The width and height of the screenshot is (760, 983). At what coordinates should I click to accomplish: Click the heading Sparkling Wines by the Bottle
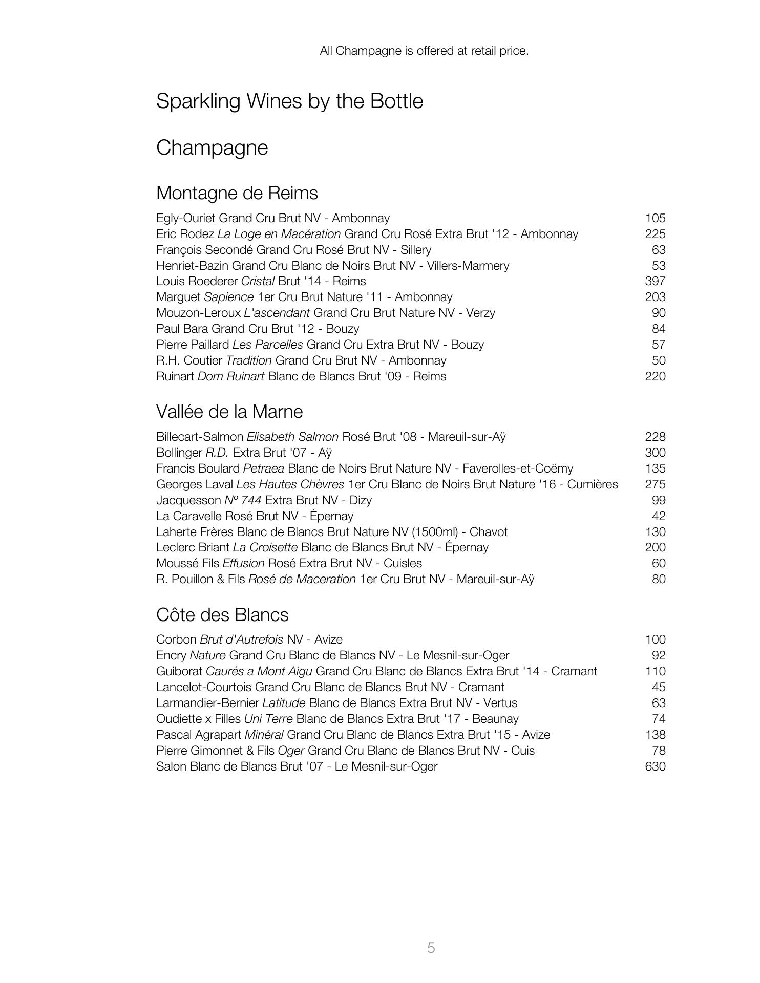[289, 101]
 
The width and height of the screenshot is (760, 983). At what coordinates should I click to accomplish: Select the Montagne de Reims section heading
[237, 193]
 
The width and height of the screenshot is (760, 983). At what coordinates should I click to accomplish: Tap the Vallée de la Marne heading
[229, 412]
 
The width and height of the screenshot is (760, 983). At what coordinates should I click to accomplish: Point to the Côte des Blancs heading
[222, 615]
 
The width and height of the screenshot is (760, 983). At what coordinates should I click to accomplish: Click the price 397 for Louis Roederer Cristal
[655, 281]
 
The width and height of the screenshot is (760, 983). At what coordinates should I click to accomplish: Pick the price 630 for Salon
[655, 766]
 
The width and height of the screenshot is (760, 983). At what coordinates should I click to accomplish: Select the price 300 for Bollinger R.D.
[655, 453]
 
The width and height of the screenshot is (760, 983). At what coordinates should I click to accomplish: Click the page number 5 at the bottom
[431, 948]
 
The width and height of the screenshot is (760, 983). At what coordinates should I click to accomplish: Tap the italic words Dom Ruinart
[230, 376]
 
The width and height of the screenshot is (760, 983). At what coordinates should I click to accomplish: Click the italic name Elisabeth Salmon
[292, 437]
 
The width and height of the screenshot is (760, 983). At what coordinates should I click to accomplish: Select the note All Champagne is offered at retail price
[424, 51]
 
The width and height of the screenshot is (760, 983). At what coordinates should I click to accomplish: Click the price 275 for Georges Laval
[655, 484]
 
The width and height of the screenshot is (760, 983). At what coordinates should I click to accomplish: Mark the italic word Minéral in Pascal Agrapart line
[264, 735]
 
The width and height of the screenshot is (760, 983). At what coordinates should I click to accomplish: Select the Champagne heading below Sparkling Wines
[212, 148]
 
